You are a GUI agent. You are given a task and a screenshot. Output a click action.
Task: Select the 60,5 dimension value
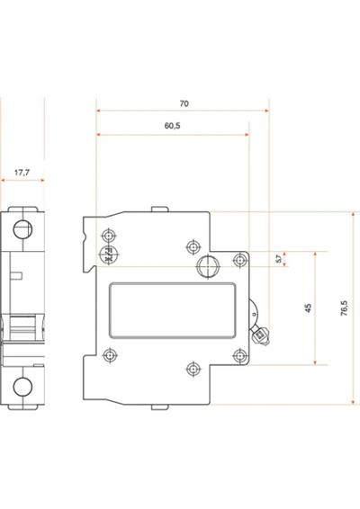coord(173,127)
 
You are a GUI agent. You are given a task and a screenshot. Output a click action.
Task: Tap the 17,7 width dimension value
coord(22,171)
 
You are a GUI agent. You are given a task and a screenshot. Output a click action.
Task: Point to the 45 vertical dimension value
coord(308,308)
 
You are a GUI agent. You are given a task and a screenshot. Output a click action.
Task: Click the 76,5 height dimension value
coord(344,308)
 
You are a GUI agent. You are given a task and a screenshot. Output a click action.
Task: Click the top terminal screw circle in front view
coord(22,228)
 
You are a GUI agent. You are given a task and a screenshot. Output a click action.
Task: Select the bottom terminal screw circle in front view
coord(22,387)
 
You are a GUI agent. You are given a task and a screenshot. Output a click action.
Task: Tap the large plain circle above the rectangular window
coord(208,265)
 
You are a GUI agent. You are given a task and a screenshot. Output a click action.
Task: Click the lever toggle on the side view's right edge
coord(261,334)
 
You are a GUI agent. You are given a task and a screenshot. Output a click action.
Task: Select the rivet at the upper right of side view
coord(239,260)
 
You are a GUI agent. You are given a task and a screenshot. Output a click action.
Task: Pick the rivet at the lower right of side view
coord(239,355)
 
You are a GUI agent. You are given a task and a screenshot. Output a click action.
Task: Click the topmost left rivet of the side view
coord(106,240)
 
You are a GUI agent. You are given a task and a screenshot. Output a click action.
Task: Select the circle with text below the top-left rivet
coord(106,255)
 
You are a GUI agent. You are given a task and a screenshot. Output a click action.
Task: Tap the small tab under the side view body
coord(159,406)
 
